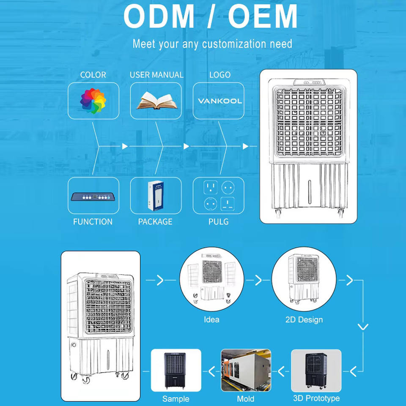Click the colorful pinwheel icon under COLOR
point(93,101)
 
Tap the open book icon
point(156,101)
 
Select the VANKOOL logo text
point(220,101)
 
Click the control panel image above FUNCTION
point(93,197)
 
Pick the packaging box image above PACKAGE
point(156,195)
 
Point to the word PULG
point(219,222)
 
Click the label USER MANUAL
point(156,75)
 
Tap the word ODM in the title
point(159,16)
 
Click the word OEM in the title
point(263,16)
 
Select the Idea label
point(211,320)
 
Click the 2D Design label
point(304,320)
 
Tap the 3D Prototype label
point(316,398)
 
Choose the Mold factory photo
point(246,370)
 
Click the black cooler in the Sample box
point(175,371)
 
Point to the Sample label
point(176,399)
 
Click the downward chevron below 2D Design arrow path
point(363,327)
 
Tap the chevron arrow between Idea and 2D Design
point(258,280)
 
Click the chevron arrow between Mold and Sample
point(212,372)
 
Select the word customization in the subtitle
point(234,44)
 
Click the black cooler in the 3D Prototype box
point(316,371)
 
